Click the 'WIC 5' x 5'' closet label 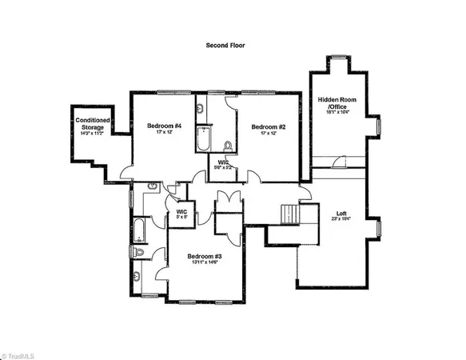coord(181,214)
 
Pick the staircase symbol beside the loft coord(290,215)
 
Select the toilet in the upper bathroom coord(228,146)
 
